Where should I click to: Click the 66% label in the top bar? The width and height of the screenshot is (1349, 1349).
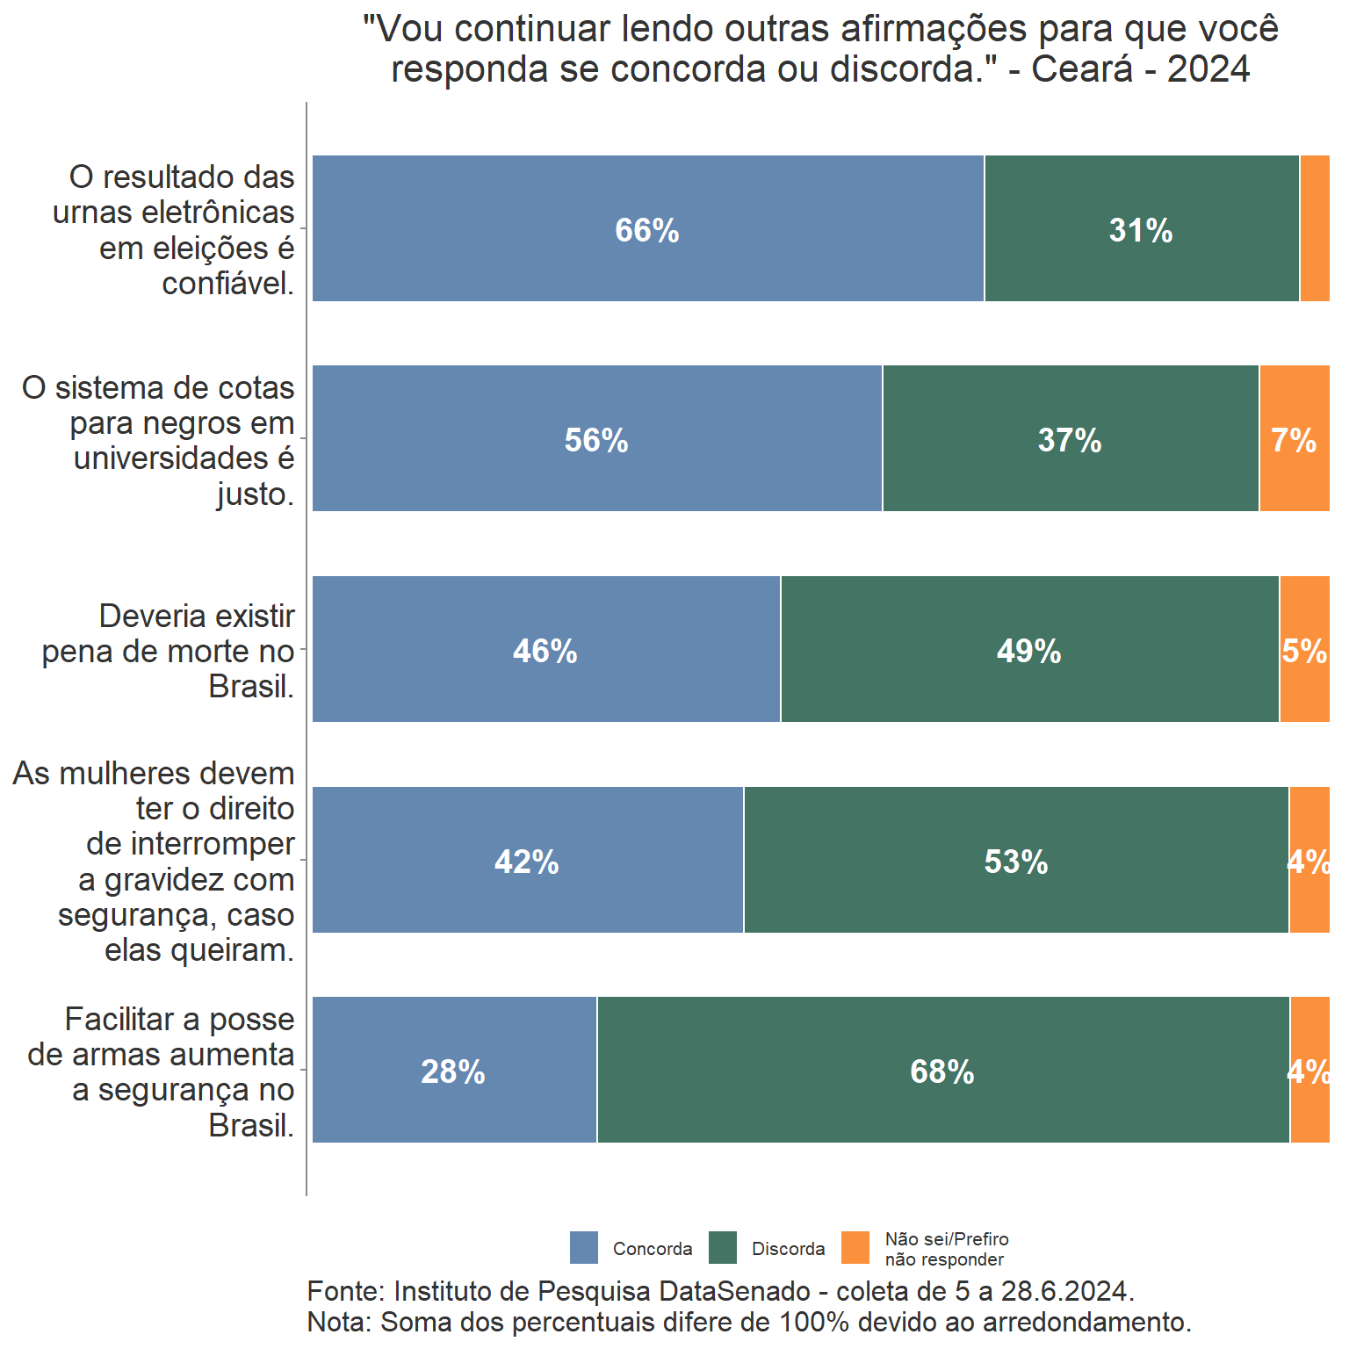click(x=647, y=230)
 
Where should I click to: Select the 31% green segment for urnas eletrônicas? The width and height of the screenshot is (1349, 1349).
click(x=1141, y=230)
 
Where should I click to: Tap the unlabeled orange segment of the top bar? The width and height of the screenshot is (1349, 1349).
click(x=1315, y=228)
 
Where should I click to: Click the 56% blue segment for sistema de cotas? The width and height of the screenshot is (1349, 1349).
click(x=596, y=440)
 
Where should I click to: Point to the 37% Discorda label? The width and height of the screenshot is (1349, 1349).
click(x=1070, y=440)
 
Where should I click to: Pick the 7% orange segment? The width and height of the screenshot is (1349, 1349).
click(x=1295, y=440)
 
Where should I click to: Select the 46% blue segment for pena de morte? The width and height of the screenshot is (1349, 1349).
click(x=545, y=651)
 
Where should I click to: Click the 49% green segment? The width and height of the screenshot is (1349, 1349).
click(x=1029, y=651)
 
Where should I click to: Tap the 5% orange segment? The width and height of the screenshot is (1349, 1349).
click(x=1305, y=651)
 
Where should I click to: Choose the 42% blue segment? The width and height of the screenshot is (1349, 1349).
click(x=527, y=862)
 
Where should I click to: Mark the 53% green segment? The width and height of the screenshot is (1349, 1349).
click(x=1016, y=862)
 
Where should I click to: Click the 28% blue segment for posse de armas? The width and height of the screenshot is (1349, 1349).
click(x=453, y=1071)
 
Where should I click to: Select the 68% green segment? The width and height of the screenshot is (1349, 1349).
click(x=942, y=1071)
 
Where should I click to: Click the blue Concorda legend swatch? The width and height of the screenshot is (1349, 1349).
click(x=584, y=1248)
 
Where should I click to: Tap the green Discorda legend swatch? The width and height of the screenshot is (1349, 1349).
click(x=723, y=1248)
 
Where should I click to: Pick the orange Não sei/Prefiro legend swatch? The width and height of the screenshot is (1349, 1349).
click(x=855, y=1248)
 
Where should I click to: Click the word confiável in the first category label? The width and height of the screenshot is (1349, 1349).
click(x=227, y=284)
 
